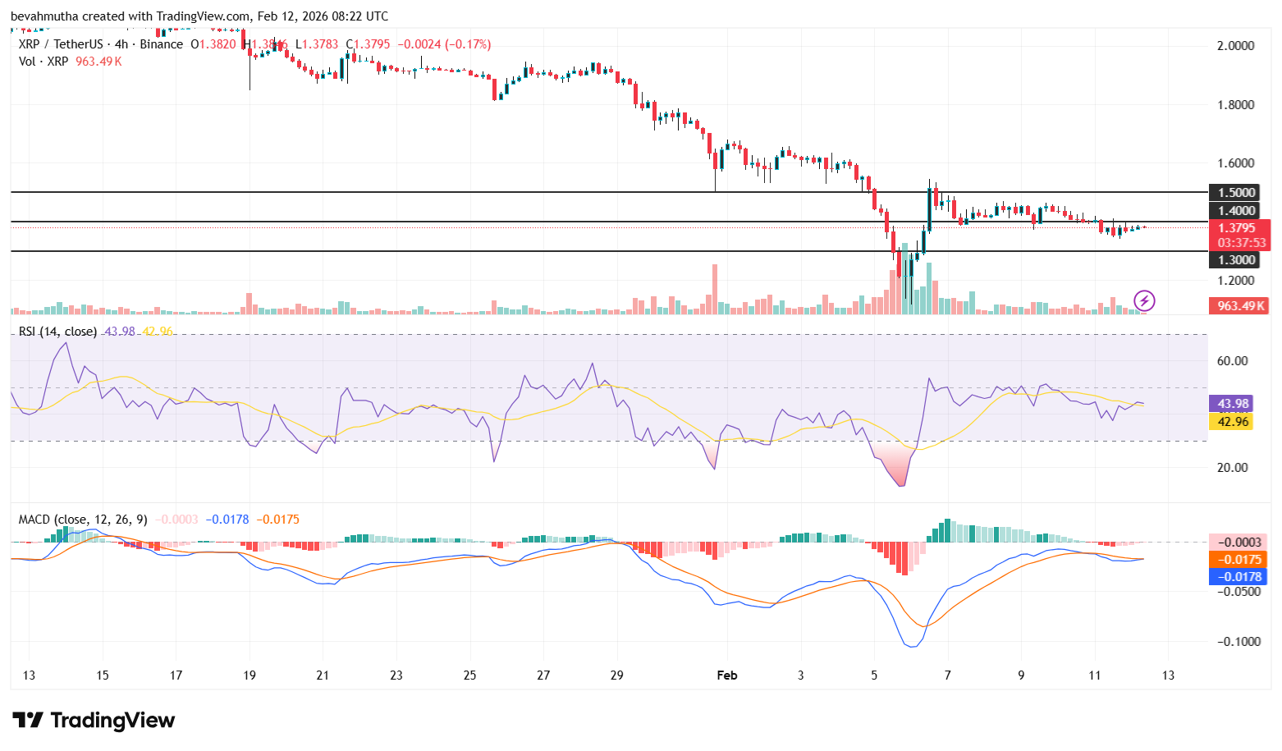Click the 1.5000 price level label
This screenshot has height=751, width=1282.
pyautogui.click(x=1236, y=192)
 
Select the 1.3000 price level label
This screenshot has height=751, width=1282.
pyautogui.click(x=1236, y=259)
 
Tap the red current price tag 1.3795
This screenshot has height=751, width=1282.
pyautogui.click(x=1237, y=228)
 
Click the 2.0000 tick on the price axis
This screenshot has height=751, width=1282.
pyautogui.click(x=1235, y=45)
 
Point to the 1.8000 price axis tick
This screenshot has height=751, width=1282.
pyautogui.click(x=1235, y=104)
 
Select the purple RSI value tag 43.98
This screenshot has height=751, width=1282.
pyautogui.click(x=1233, y=403)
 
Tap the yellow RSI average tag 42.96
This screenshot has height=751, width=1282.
pyautogui.click(x=1233, y=421)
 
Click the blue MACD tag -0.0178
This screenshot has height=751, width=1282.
pyautogui.click(x=1239, y=576)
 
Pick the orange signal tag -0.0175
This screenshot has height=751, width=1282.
pyautogui.click(x=1239, y=559)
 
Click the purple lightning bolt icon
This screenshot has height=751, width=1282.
pyautogui.click(x=1144, y=300)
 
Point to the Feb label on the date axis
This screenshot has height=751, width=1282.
pyautogui.click(x=726, y=675)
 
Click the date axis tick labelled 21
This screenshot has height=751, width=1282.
pyautogui.click(x=323, y=675)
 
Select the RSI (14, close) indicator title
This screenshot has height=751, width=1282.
pyautogui.click(x=57, y=332)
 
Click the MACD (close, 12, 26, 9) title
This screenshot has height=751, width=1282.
pyautogui.click(x=83, y=519)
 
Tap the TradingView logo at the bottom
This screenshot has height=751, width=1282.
pyautogui.click(x=94, y=720)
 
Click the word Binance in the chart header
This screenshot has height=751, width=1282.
pyautogui.click(x=161, y=44)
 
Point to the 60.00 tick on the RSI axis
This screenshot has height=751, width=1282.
pyautogui.click(x=1232, y=360)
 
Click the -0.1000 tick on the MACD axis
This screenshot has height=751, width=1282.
pyautogui.click(x=1238, y=641)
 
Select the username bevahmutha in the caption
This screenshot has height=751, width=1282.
pyautogui.click(x=44, y=16)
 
